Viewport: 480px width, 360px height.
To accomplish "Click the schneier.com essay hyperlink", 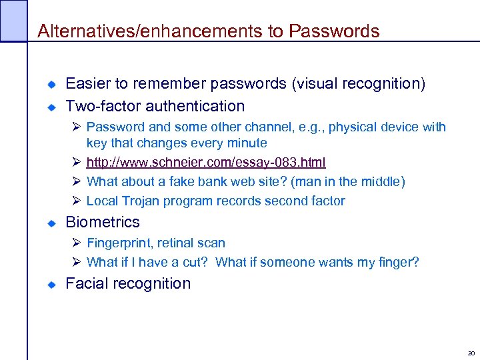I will (206, 162).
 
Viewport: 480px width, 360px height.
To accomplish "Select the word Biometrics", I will (103, 222).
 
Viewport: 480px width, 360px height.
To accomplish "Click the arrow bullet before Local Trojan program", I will (77, 201).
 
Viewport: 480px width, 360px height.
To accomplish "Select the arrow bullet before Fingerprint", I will (77, 243).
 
